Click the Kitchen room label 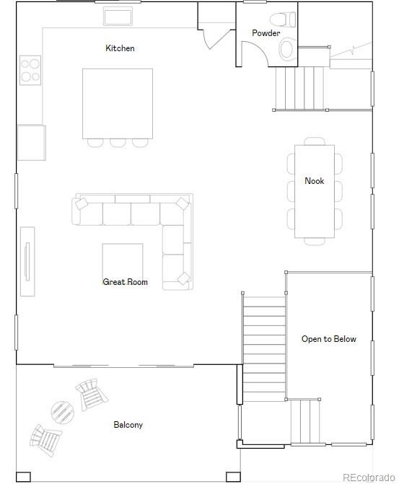pyautogui.click(x=120, y=48)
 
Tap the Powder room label pyautogui.click(x=266, y=33)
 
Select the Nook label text pyautogui.click(x=314, y=181)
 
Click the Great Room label pyautogui.click(x=125, y=282)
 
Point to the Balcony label pyautogui.click(x=128, y=425)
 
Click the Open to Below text pyautogui.click(x=328, y=339)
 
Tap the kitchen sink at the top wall pyautogui.click(x=118, y=17)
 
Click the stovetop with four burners pyautogui.click(x=30, y=70)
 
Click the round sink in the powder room pyautogui.click(x=286, y=49)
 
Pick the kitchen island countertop pyautogui.click(x=117, y=103)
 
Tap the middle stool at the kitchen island pyautogui.click(x=118, y=142)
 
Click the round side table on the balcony pyautogui.click(x=62, y=412)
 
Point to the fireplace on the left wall pyautogui.click(x=27, y=261)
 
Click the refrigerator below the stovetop pyautogui.click(x=31, y=142)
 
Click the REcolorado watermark pyautogui.click(x=368, y=477)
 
